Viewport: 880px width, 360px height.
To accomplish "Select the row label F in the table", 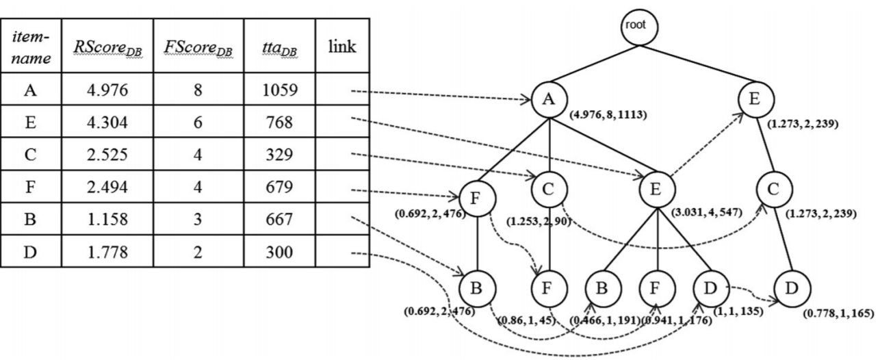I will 30,188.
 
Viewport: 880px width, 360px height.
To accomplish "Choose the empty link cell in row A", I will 341,91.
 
